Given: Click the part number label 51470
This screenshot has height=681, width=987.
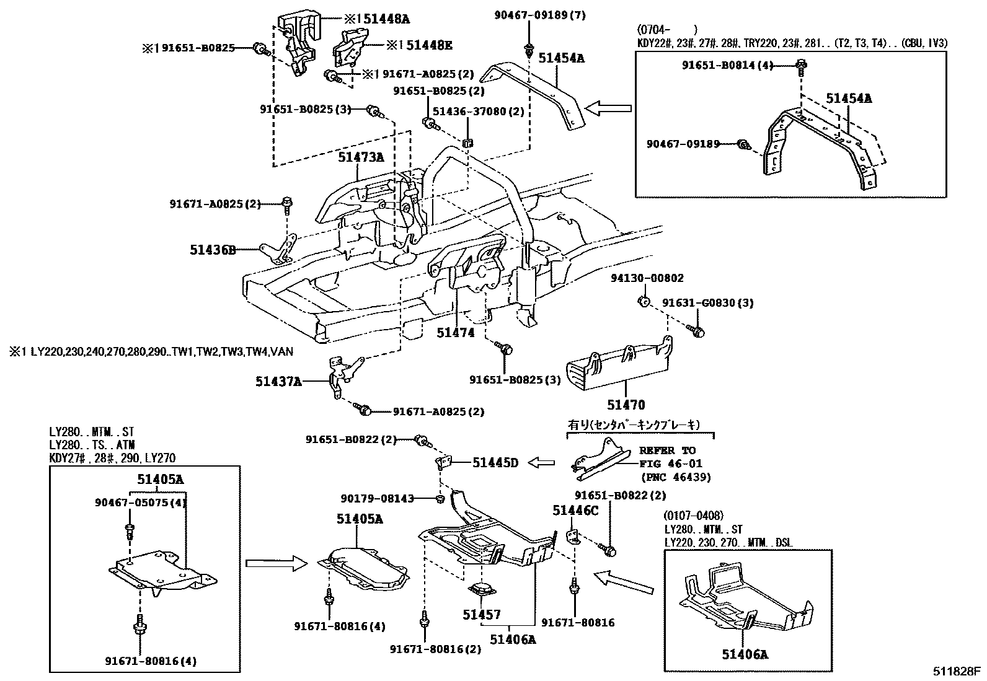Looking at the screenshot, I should [x=626, y=405].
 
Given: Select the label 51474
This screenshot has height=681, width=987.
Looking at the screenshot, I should [x=455, y=333].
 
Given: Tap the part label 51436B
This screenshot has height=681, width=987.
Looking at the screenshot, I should [x=213, y=250].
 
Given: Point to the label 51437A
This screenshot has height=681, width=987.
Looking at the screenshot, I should [x=278, y=382].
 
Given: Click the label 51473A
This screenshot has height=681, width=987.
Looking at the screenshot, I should [x=361, y=157].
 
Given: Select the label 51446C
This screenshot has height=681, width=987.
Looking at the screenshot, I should [x=575, y=510].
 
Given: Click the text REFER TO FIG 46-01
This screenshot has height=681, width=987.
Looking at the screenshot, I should [x=668, y=457].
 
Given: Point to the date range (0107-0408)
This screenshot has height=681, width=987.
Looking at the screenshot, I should [x=693, y=516].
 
